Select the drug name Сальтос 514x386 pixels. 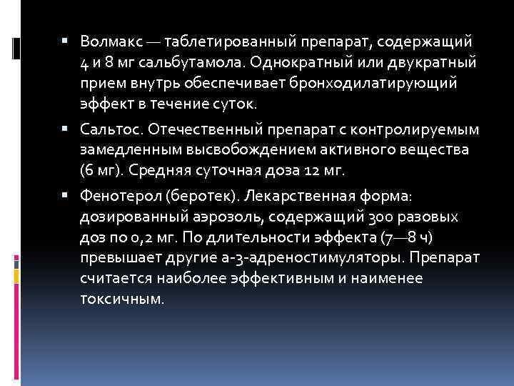coord(105,131)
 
